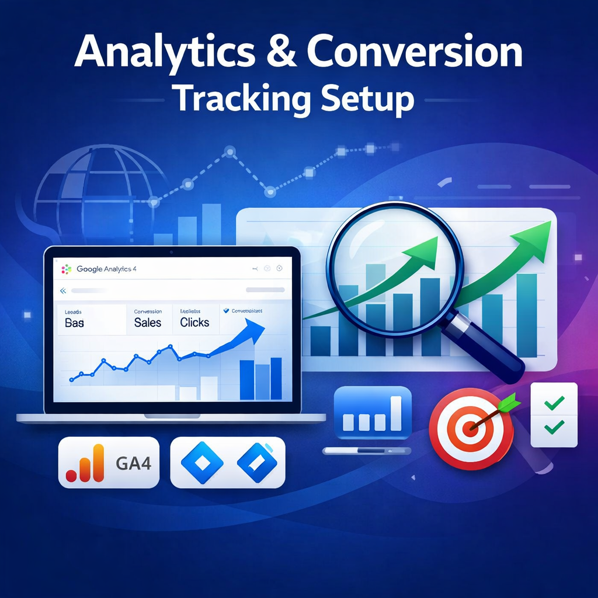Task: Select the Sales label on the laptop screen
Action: (x=148, y=322)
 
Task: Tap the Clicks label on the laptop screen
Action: (x=194, y=322)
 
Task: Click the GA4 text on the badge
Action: (x=134, y=463)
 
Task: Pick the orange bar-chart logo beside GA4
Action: (x=85, y=463)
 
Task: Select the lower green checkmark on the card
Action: (x=554, y=427)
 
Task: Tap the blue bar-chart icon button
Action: (x=373, y=413)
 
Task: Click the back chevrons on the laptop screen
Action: (x=62, y=290)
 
